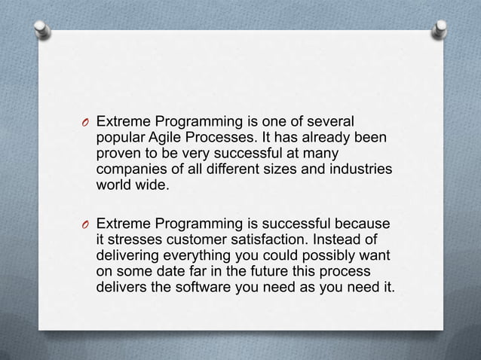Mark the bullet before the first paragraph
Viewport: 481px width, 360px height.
(x=87, y=123)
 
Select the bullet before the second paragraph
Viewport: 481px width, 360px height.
(x=87, y=225)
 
